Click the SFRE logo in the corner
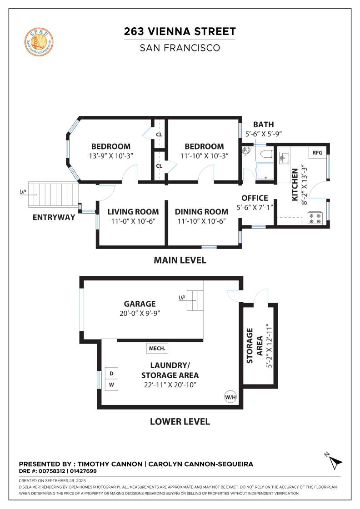click(x=40, y=40)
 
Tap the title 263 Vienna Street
click(x=180, y=31)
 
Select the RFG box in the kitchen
click(x=317, y=153)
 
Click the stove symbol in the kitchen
click(x=315, y=219)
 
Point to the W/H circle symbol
click(x=230, y=397)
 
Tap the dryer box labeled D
click(x=112, y=373)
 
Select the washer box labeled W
click(x=112, y=385)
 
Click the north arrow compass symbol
click(x=335, y=461)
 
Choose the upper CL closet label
click(x=159, y=135)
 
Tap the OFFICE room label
click(x=255, y=198)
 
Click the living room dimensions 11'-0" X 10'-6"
click(x=133, y=221)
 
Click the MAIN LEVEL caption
click(x=180, y=260)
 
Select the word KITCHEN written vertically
click(x=295, y=180)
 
